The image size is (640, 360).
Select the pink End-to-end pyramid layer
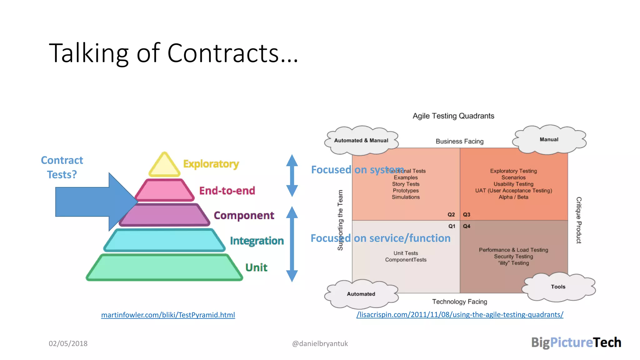[165, 190]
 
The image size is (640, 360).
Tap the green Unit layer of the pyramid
[164, 267]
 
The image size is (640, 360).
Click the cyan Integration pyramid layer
[164, 240]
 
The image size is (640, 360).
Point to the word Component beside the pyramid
[244, 215]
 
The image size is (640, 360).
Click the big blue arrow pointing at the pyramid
[91, 202]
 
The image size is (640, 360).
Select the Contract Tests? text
[62, 167]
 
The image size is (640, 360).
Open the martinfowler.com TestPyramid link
[168, 315]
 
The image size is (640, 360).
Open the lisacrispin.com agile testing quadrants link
[460, 315]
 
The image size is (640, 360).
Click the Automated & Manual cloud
[361, 141]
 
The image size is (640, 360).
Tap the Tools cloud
[558, 287]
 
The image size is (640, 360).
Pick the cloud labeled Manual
[549, 139]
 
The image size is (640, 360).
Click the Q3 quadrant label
[467, 215]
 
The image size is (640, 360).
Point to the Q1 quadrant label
[452, 226]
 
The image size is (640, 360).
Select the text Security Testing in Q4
[513, 257]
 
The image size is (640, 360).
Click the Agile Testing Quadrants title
[453, 116]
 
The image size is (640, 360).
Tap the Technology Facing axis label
[459, 302]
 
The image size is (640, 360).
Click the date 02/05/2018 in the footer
[68, 343]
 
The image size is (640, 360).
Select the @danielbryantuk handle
[320, 343]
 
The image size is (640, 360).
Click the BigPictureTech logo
[576, 342]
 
